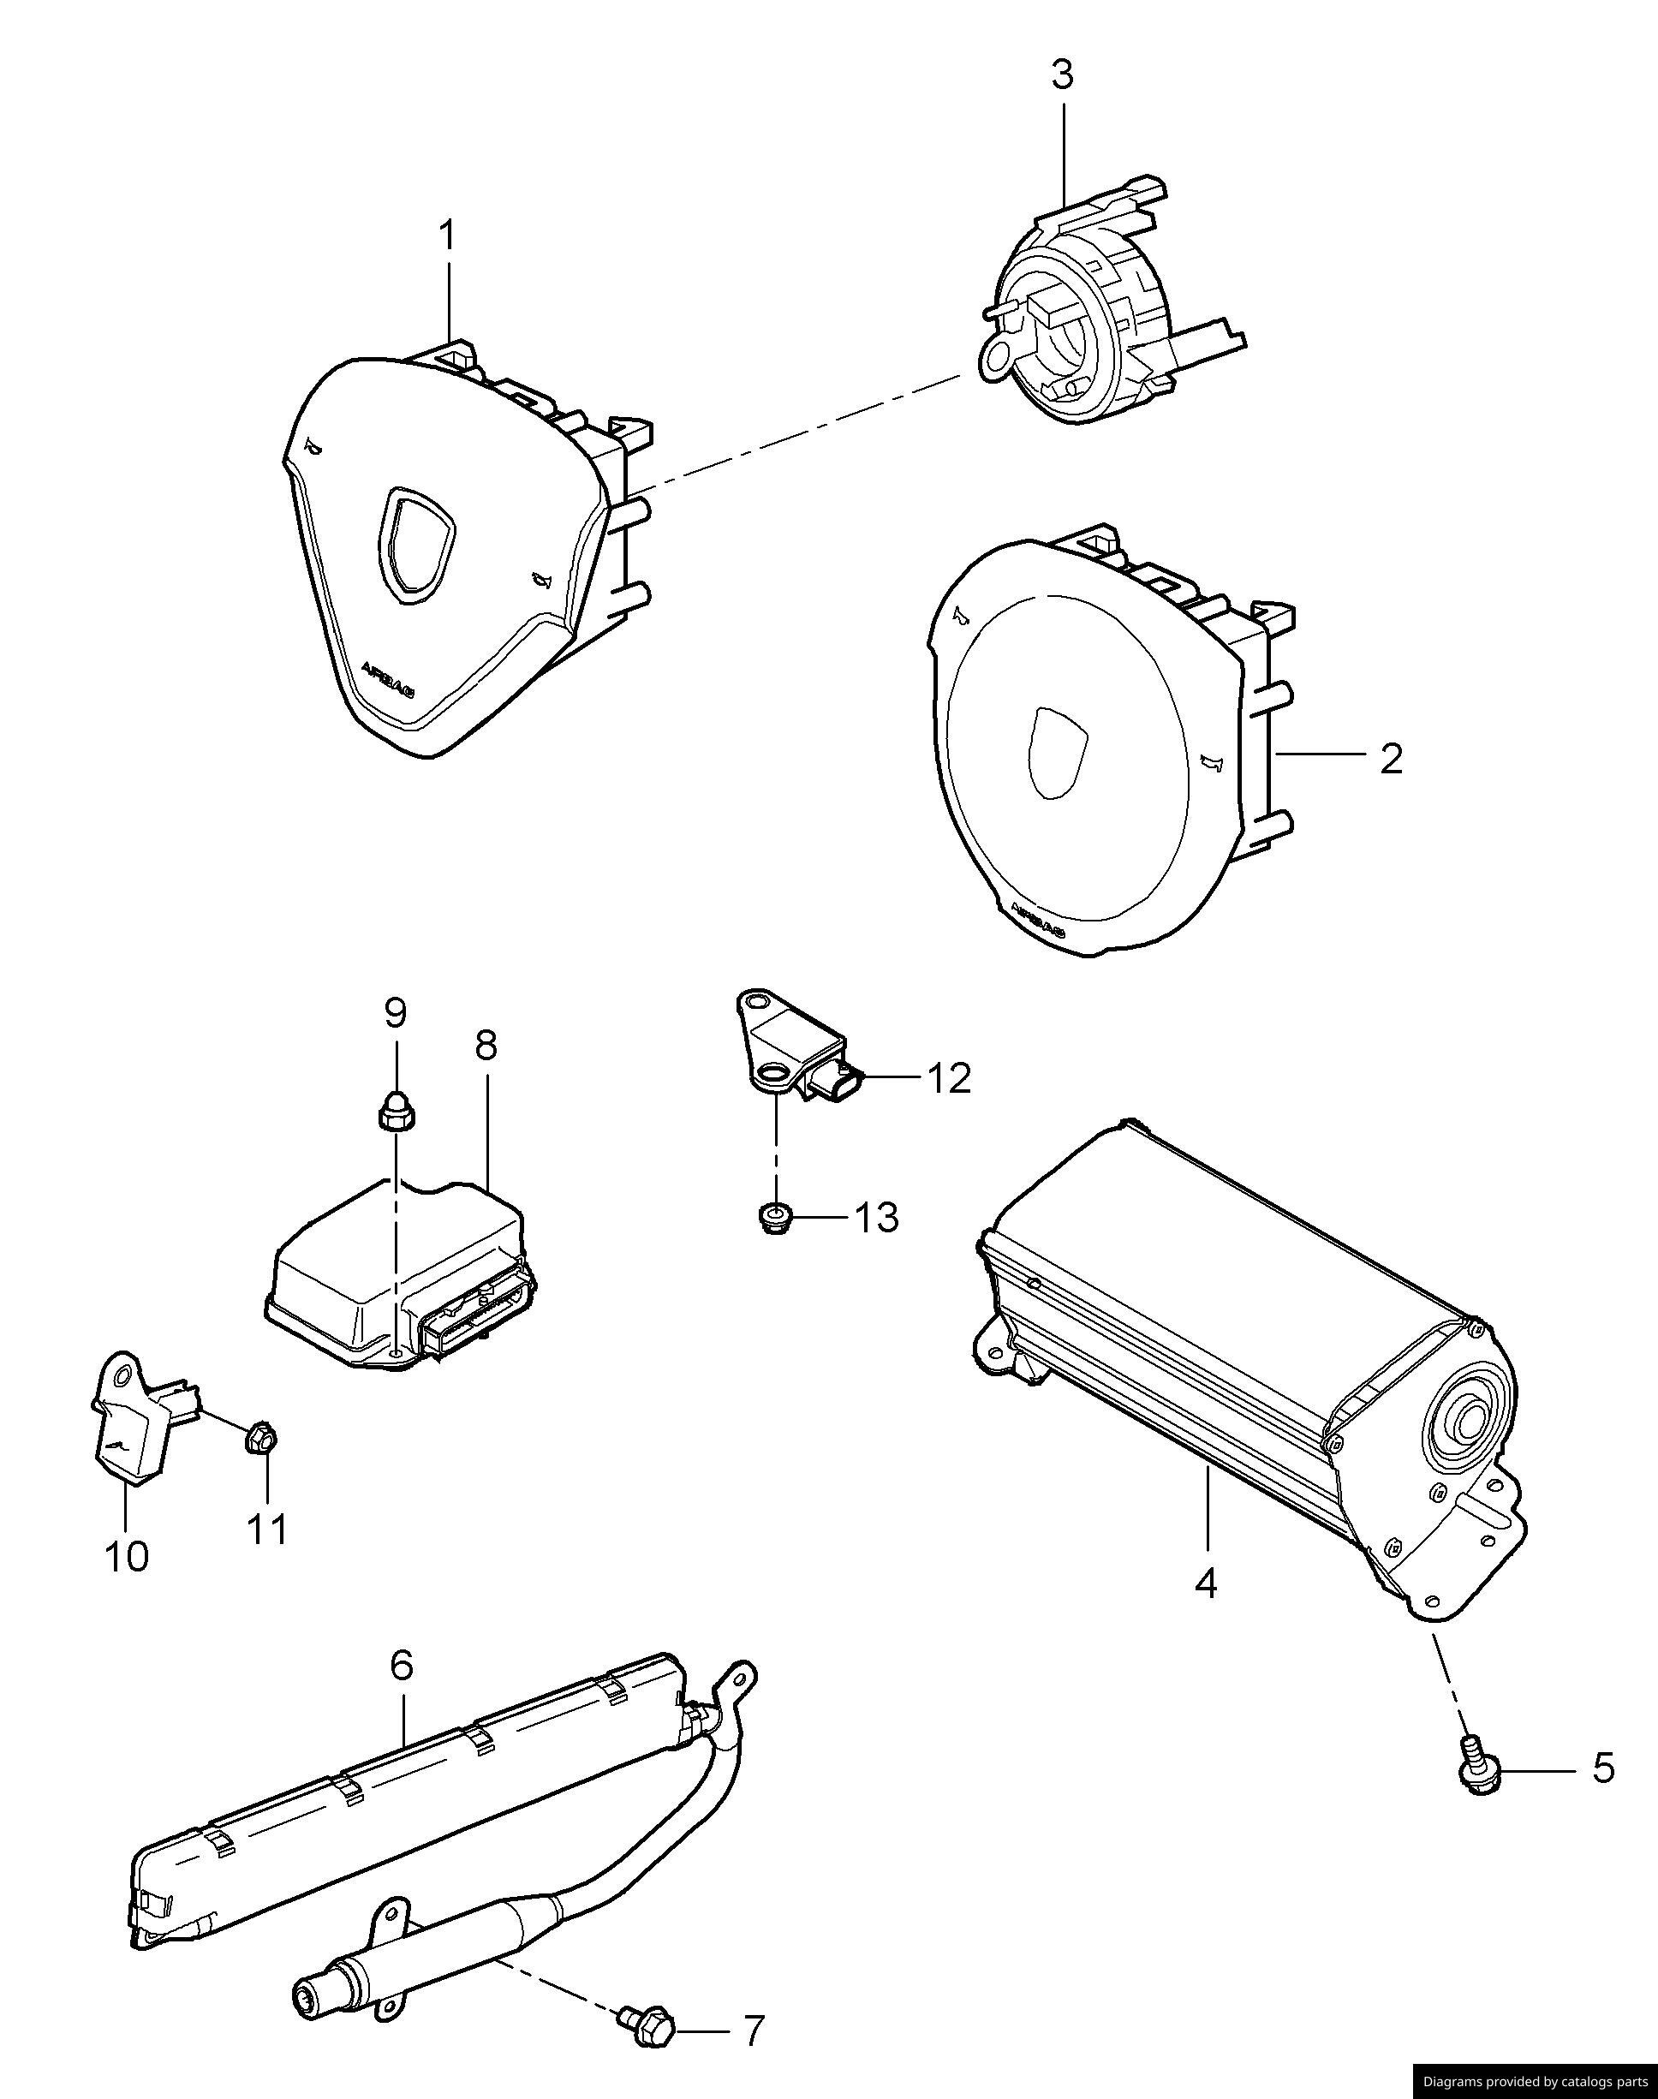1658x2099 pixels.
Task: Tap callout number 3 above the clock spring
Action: coord(1063,75)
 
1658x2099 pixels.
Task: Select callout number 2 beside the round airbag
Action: coord(1390,760)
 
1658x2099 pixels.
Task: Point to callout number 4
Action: coord(1205,1583)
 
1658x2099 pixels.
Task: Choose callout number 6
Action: coord(401,1666)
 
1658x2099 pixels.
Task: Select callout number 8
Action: coord(486,1046)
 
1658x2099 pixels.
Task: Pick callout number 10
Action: coord(126,1557)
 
